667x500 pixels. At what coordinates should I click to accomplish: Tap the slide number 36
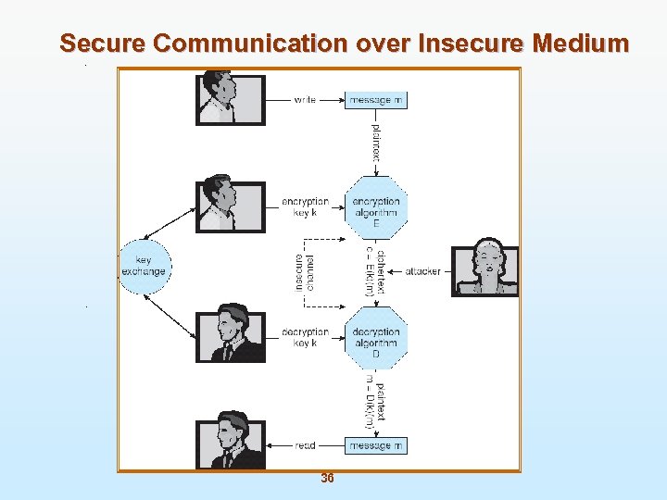click(x=327, y=479)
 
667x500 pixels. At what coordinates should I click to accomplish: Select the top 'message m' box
click(x=376, y=100)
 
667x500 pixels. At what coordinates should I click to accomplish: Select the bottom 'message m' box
click(x=376, y=445)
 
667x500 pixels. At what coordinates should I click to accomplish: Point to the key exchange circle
click(x=144, y=267)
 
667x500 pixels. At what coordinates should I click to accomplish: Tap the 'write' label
click(x=305, y=100)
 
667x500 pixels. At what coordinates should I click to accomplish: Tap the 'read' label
click(x=305, y=445)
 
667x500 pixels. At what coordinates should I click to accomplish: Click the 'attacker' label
click(x=422, y=271)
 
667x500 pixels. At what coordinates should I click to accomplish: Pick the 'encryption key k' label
click(x=305, y=206)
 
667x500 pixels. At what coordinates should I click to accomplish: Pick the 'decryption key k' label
click(x=305, y=337)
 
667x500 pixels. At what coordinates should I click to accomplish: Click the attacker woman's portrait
click(x=485, y=270)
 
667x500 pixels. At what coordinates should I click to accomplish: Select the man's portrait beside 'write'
click(x=230, y=99)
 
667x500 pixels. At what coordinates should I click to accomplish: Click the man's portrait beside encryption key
click(x=230, y=206)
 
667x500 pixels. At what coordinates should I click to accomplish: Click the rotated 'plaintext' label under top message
click(x=376, y=142)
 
